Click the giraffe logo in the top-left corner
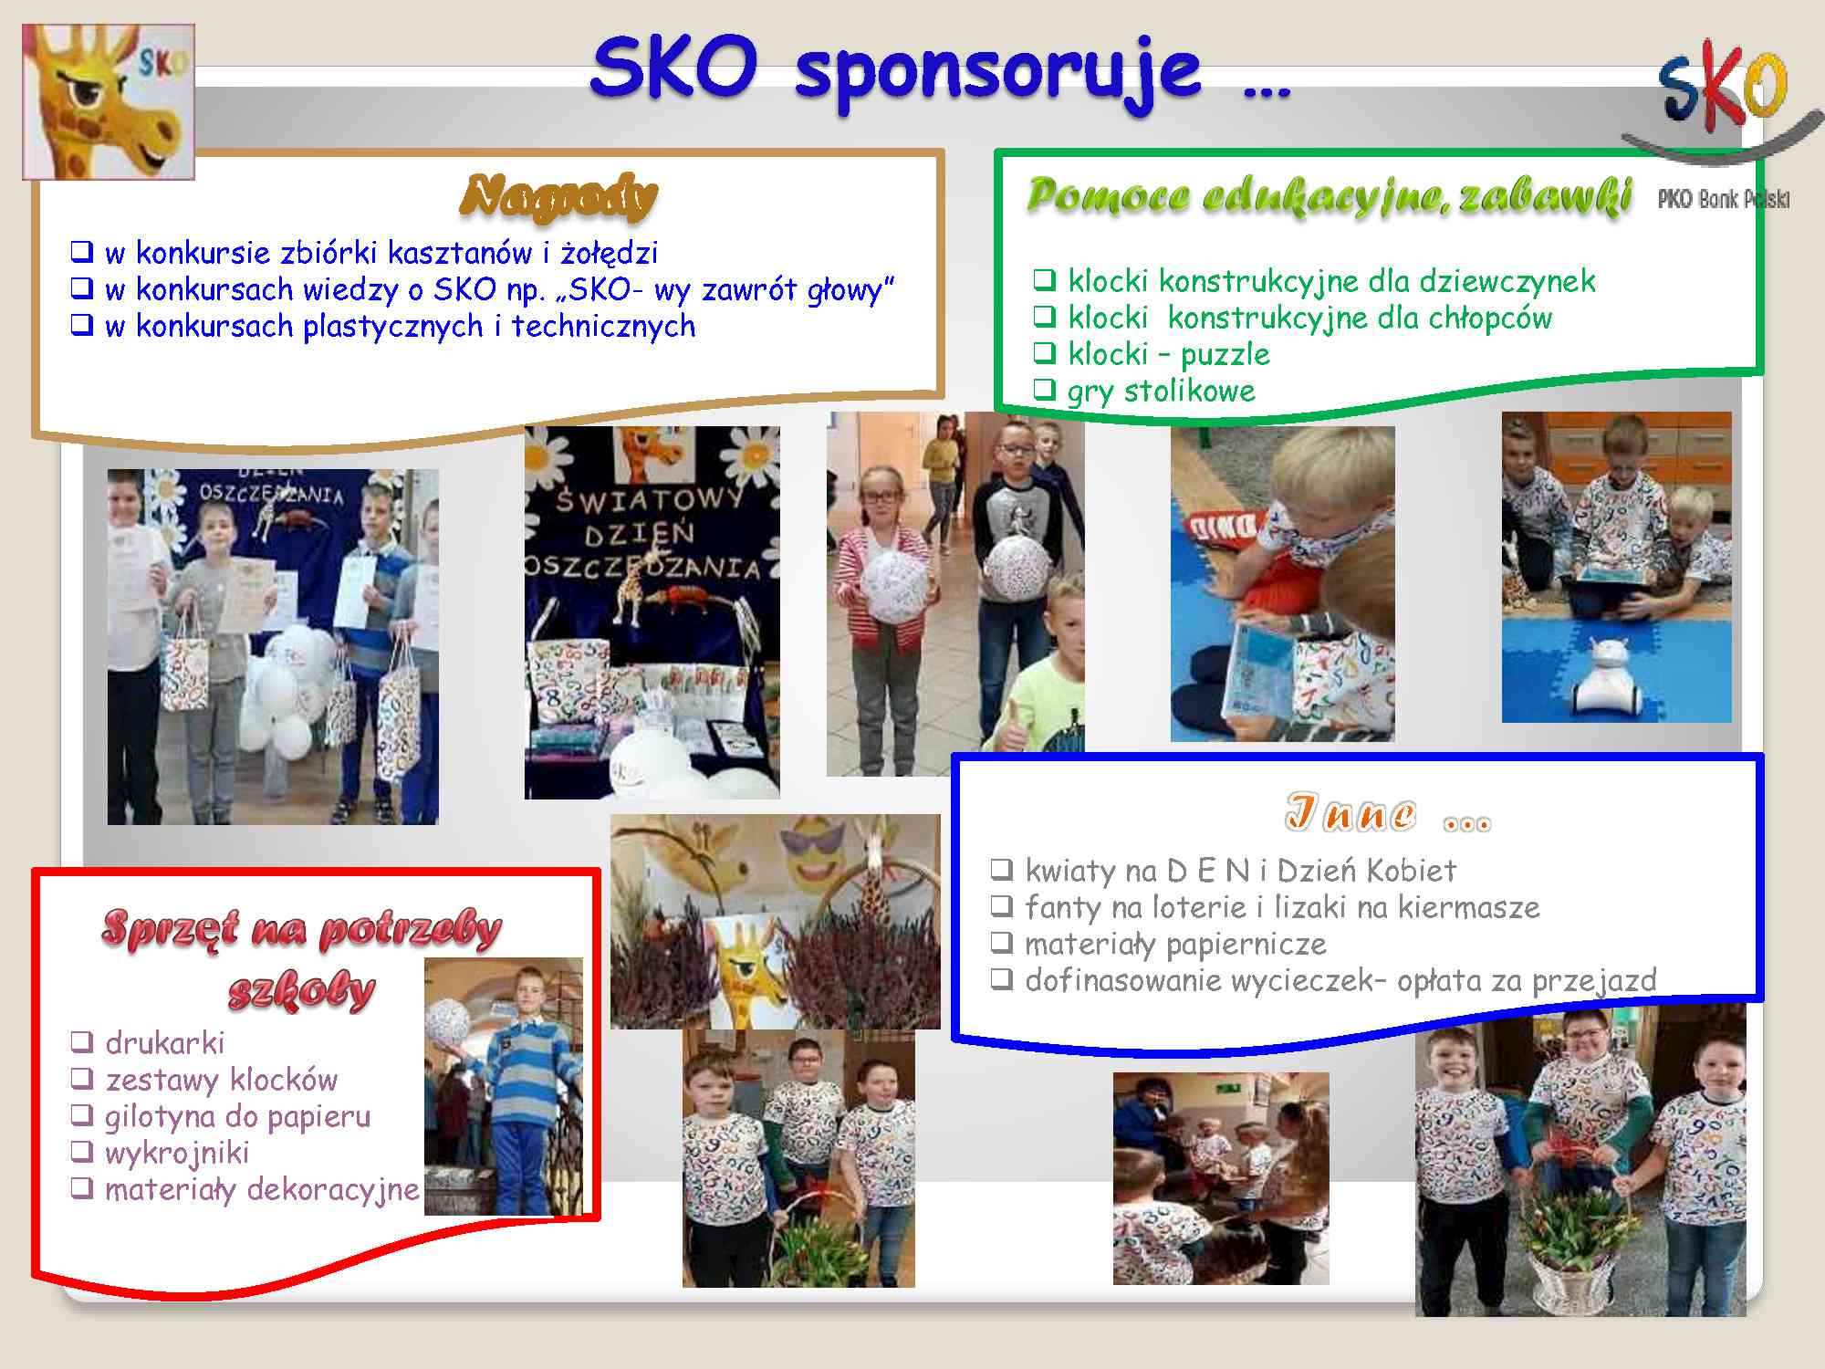point(109,101)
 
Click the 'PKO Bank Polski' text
point(1724,199)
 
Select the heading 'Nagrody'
point(558,195)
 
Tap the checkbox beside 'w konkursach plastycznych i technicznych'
point(82,325)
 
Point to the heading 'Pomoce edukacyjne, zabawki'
point(1329,194)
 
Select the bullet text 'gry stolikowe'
point(1161,392)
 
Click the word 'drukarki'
point(165,1042)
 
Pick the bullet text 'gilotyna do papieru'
point(238,1116)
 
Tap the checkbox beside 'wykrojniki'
point(82,1152)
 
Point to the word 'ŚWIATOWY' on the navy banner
point(650,499)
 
